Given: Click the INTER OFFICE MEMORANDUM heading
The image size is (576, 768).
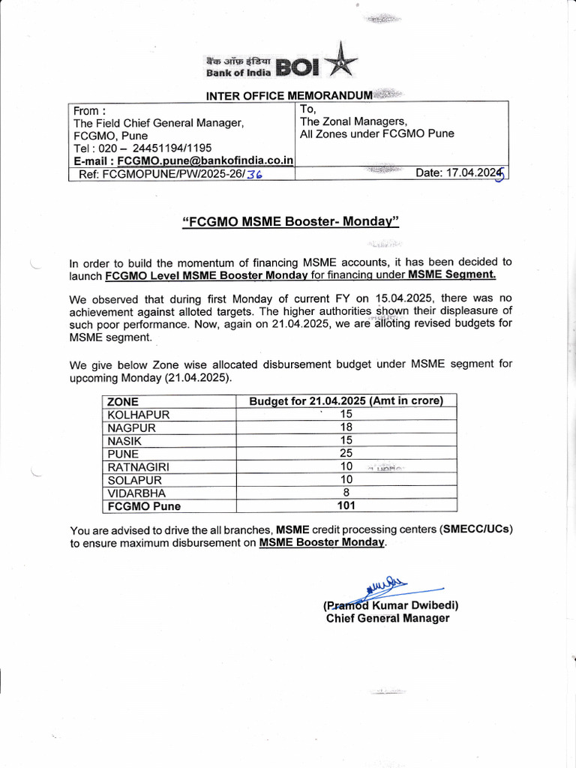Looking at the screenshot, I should (289, 95).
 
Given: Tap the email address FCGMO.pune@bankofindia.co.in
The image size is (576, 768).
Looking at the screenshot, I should (205, 160).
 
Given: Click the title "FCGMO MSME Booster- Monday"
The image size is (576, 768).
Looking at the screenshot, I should (291, 221).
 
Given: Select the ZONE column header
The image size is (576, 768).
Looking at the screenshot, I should (123, 401).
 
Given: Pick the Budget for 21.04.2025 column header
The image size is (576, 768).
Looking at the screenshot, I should (346, 401).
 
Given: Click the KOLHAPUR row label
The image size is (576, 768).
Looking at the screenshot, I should (139, 414).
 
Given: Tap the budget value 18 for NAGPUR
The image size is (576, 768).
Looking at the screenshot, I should (346, 427).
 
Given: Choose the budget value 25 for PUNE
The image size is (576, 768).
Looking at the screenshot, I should (346, 454).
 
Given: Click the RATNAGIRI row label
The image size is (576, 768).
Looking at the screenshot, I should (139, 466).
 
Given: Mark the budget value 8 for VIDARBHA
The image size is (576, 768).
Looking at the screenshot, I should (346, 493).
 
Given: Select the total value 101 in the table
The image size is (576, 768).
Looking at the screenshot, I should (346, 506).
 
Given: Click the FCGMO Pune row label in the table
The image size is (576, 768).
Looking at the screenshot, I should (144, 506).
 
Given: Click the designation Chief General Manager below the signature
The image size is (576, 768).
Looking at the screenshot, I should (388, 618).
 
